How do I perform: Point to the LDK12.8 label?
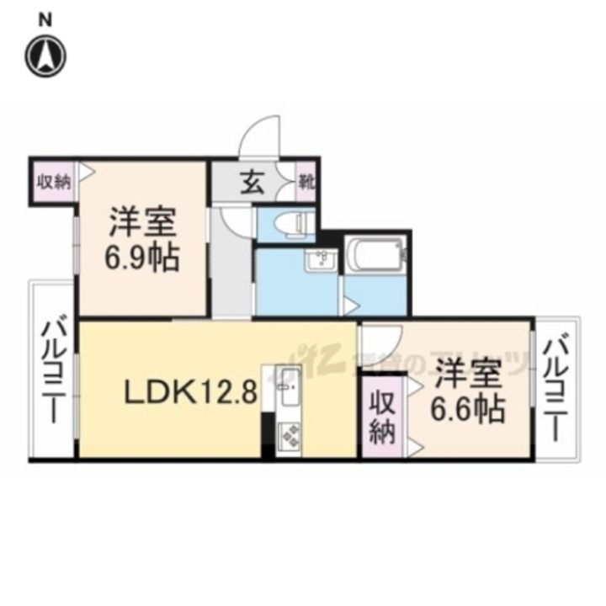(x=190, y=391)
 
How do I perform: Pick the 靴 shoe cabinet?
(x=306, y=182)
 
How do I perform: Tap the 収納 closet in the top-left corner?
(x=53, y=181)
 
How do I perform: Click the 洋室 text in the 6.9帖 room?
(x=141, y=224)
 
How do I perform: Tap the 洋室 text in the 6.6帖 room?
(x=467, y=374)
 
